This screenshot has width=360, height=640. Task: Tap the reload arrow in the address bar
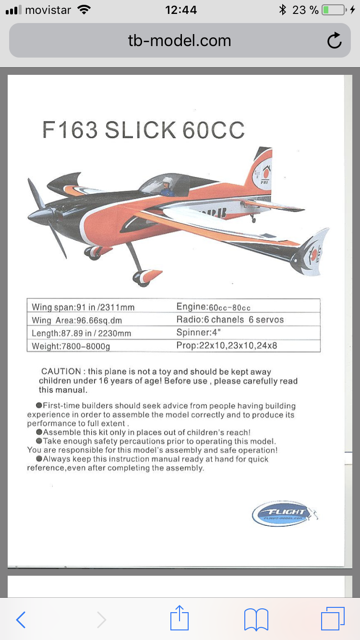(x=334, y=41)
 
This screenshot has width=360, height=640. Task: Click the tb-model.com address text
(x=180, y=41)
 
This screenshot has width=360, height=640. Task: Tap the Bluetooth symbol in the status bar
(x=283, y=10)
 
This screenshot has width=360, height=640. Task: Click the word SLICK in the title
(x=141, y=130)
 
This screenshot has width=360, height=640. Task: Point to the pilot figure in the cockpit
(x=167, y=186)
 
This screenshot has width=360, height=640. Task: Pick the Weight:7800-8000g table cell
(x=71, y=346)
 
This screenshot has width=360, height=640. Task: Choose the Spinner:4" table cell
(x=197, y=332)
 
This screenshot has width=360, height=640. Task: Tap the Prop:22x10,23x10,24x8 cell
(x=227, y=345)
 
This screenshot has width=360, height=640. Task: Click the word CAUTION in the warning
(x=61, y=371)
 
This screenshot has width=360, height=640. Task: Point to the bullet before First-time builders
(x=39, y=406)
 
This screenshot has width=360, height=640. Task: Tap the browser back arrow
(x=21, y=620)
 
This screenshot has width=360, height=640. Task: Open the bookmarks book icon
(x=256, y=620)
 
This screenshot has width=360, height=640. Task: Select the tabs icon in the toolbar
(x=332, y=619)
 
